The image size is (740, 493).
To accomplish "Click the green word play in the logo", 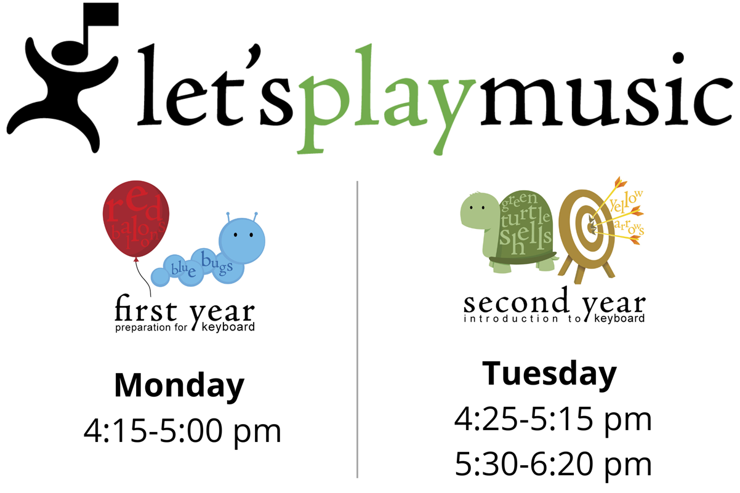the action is coord(387,99).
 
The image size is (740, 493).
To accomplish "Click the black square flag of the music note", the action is coord(101,14).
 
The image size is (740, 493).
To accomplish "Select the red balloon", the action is coord(136,218).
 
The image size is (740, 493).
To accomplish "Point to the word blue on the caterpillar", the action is coord(183,269).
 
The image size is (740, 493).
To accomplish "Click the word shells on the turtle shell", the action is coord(525,238).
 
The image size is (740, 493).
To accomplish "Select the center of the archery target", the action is coord(590,227).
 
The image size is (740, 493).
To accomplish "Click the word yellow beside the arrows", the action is coord(625,201).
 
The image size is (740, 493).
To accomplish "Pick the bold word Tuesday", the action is coord(549,374).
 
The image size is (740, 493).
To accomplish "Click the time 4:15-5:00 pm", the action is coord(182,431).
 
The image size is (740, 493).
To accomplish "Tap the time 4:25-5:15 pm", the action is coord(553,419).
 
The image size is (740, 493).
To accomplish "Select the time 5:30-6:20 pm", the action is coord(553,464).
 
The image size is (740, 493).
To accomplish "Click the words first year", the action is coord(185,310).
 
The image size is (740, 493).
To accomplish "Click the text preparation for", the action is coord(151,327).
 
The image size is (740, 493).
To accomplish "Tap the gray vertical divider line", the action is coord(357,329).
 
